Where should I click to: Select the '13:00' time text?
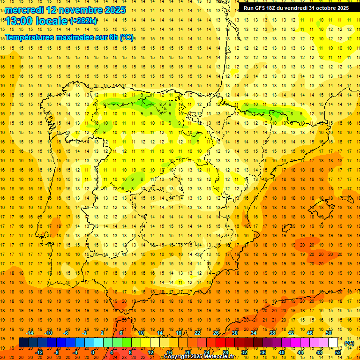[x=19, y=21]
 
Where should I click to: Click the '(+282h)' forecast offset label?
[x=83, y=21]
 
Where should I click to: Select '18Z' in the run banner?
[x=274, y=8]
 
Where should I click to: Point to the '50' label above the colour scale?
[x=329, y=333]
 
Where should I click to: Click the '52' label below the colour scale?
[x=338, y=352]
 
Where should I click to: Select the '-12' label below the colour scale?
[x=39, y=352]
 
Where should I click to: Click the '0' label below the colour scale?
[x=93, y=352]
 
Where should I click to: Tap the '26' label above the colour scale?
[x=216, y=333]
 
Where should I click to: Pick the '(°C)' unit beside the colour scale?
[x=349, y=343]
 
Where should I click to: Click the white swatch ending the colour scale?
[x=333, y=343]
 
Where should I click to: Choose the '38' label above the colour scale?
[x=272, y=333]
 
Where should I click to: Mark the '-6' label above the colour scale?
[x=66, y=333]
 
